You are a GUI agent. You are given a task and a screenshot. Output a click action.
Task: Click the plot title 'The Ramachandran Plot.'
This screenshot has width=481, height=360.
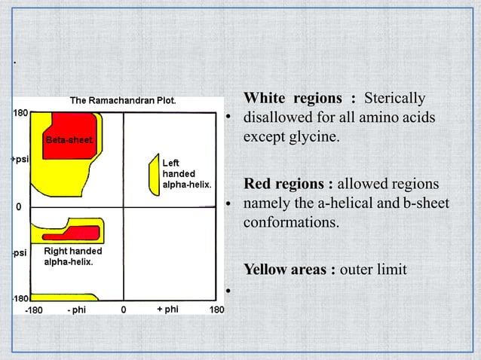[x=123, y=100]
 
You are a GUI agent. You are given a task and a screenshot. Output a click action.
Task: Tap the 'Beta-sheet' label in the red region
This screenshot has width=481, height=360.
[x=68, y=140]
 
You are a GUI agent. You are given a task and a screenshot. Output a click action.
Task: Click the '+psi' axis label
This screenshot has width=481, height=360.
[x=19, y=160]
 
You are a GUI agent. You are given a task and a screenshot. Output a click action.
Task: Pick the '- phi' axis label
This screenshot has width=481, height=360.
[x=78, y=310]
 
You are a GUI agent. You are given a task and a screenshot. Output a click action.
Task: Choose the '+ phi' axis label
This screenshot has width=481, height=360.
[x=167, y=310]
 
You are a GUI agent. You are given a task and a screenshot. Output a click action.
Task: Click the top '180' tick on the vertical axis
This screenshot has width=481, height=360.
[x=20, y=112]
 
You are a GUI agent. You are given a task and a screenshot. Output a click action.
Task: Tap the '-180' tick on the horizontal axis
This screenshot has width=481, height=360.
[x=35, y=310]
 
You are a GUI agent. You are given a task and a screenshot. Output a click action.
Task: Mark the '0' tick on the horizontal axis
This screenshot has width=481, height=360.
[x=124, y=310]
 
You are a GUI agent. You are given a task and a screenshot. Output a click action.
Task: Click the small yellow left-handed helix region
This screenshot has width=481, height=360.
[x=155, y=175]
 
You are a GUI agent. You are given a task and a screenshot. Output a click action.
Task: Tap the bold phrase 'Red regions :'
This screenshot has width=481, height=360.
[x=289, y=184]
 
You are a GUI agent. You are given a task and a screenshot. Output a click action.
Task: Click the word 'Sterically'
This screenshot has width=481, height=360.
[x=395, y=99]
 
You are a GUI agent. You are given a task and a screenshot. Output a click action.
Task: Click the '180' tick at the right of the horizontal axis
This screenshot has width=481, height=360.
[x=216, y=310]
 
